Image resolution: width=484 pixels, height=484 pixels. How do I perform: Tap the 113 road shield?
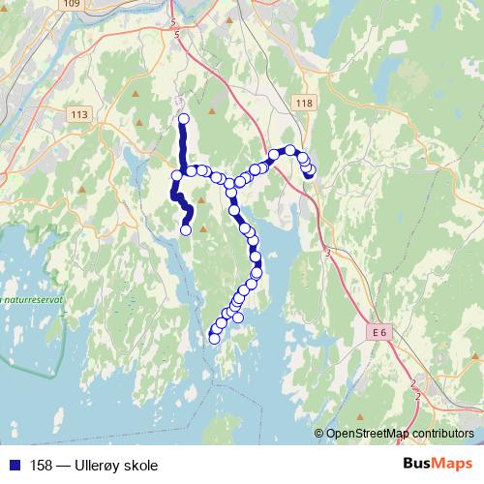pyautogui.click(x=79, y=113)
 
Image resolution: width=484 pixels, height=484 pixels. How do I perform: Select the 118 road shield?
pyautogui.click(x=306, y=104)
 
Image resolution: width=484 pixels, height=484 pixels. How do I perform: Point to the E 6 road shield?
pyautogui.click(x=378, y=333)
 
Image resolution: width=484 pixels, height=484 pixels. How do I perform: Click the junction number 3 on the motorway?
pyautogui.click(x=328, y=253)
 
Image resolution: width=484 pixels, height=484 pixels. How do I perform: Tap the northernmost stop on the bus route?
pyautogui.click(x=183, y=119)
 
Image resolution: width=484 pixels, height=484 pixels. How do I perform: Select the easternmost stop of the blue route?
pyautogui.click(x=311, y=170)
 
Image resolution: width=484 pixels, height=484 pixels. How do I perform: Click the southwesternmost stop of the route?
pyautogui.click(x=214, y=338)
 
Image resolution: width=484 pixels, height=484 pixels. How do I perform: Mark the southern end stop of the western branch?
pyautogui.click(x=186, y=230)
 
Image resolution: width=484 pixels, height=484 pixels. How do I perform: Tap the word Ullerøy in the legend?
pyautogui.click(x=101, y=465)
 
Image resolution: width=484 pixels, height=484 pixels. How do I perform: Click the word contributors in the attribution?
pyautogui.click(x=445, y=434)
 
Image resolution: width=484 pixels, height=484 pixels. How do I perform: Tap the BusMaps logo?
pyautogui.click(x=438, y=464)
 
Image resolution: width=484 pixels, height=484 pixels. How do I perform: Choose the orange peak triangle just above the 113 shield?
pyautogui.click(x=136, y=95)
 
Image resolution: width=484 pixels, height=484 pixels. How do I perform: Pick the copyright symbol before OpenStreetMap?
pyautogui.click(x=319, y=434)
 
